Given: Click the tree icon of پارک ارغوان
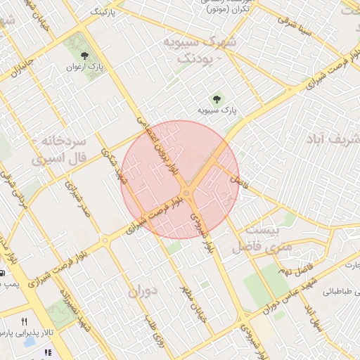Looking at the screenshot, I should [85, 56].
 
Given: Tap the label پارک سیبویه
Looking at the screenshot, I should [217, 110].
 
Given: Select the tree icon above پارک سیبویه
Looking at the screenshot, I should [217, 98].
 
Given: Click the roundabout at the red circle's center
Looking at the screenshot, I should [186, 193].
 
